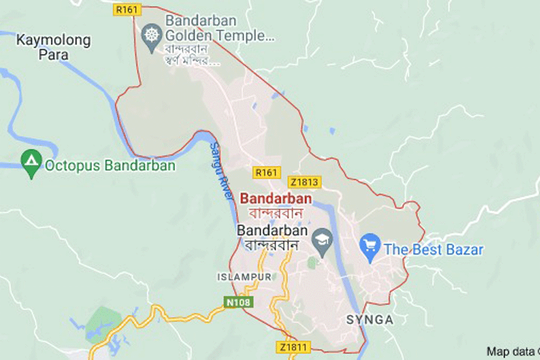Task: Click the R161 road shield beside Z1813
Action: point(266,172)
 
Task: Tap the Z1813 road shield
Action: point(304,182)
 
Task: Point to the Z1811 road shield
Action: point(293,347)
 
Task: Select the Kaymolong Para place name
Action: point(53,47)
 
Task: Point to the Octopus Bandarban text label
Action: point(110,166)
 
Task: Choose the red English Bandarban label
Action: point(275,199)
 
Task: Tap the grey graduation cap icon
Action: point(325,238)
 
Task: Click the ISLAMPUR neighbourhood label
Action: point(244,277)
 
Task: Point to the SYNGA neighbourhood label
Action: point(370,320)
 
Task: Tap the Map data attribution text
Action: point(512,352)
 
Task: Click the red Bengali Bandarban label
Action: point(275,212)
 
